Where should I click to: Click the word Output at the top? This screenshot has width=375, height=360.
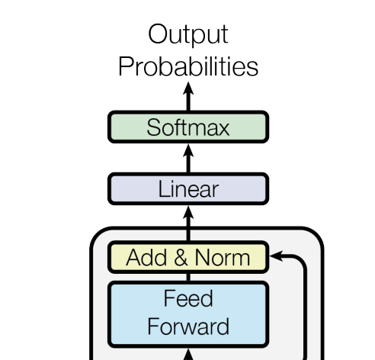188,35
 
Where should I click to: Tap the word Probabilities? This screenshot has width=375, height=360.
188,66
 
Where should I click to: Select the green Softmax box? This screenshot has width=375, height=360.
188,127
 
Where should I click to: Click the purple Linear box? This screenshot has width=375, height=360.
188,188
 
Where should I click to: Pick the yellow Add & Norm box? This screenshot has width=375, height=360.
188,257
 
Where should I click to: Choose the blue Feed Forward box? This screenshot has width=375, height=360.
188,314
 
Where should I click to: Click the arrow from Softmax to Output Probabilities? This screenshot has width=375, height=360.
188,96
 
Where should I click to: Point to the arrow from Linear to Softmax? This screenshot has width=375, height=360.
188,159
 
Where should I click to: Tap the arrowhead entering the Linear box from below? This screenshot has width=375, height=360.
188,212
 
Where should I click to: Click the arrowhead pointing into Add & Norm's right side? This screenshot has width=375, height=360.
276,256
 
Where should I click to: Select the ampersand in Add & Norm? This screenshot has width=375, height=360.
181,257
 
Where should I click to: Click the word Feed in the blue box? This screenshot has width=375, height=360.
188,298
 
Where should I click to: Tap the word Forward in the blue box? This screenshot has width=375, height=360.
188,326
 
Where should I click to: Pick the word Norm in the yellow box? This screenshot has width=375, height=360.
223,257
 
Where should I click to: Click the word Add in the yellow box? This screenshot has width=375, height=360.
146,257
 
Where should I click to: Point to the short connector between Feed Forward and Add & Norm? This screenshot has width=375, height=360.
188,277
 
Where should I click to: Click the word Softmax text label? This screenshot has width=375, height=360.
188,127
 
